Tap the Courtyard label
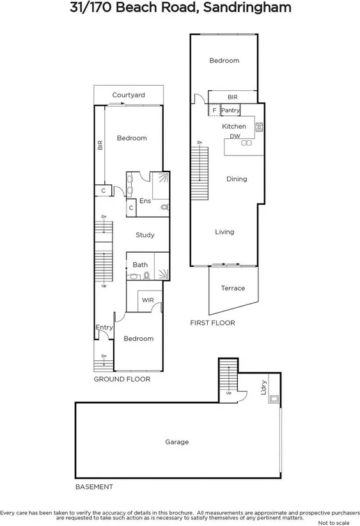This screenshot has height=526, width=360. pos(129,95)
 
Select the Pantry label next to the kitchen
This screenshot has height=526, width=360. pos(231,111)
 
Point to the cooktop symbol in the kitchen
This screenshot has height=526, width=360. pos(260,127)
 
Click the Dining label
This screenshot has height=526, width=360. pos(237,179)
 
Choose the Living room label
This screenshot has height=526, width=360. pos(224,232)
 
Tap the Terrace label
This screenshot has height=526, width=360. pos(233,288)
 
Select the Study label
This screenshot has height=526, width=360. pos(145,235)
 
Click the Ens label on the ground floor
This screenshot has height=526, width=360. pos(145,201)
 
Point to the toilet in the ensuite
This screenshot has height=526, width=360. pos(164,207)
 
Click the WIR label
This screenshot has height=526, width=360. pos(148,299)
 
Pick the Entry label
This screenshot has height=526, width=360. pos(104,328)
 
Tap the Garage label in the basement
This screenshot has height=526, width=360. pos(177,442)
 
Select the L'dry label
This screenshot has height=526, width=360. pos(263,389)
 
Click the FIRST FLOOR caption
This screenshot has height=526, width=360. pos(212,323)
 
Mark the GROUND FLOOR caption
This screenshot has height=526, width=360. pos(122,379)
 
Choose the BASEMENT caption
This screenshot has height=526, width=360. pos(94,486)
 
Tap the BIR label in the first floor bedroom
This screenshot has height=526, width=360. pos(233,97)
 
